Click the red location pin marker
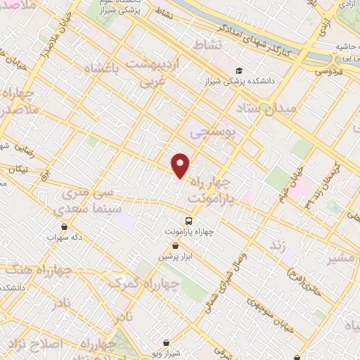tap(181, 165)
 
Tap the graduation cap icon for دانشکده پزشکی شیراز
tap(240, 71)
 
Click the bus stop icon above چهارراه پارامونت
tap(187, 220)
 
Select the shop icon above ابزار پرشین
tap(175, 245)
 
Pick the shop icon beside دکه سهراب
tap(65, 226)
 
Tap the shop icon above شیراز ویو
tap(166, 342)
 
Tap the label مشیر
tap(342, 257)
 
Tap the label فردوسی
tap(328, 71)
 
